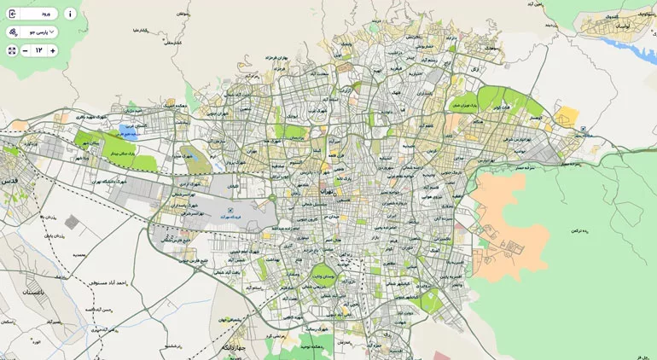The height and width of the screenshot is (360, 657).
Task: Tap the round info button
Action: [x=70, y=14]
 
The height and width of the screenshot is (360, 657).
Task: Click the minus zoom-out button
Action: [x=25, y=51]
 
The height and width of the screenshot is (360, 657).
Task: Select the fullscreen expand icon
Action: [x=12, y=51]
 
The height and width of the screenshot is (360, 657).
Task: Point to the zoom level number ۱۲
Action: [x=38, y=51]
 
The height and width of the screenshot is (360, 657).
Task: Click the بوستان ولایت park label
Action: [x=324, y=276]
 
